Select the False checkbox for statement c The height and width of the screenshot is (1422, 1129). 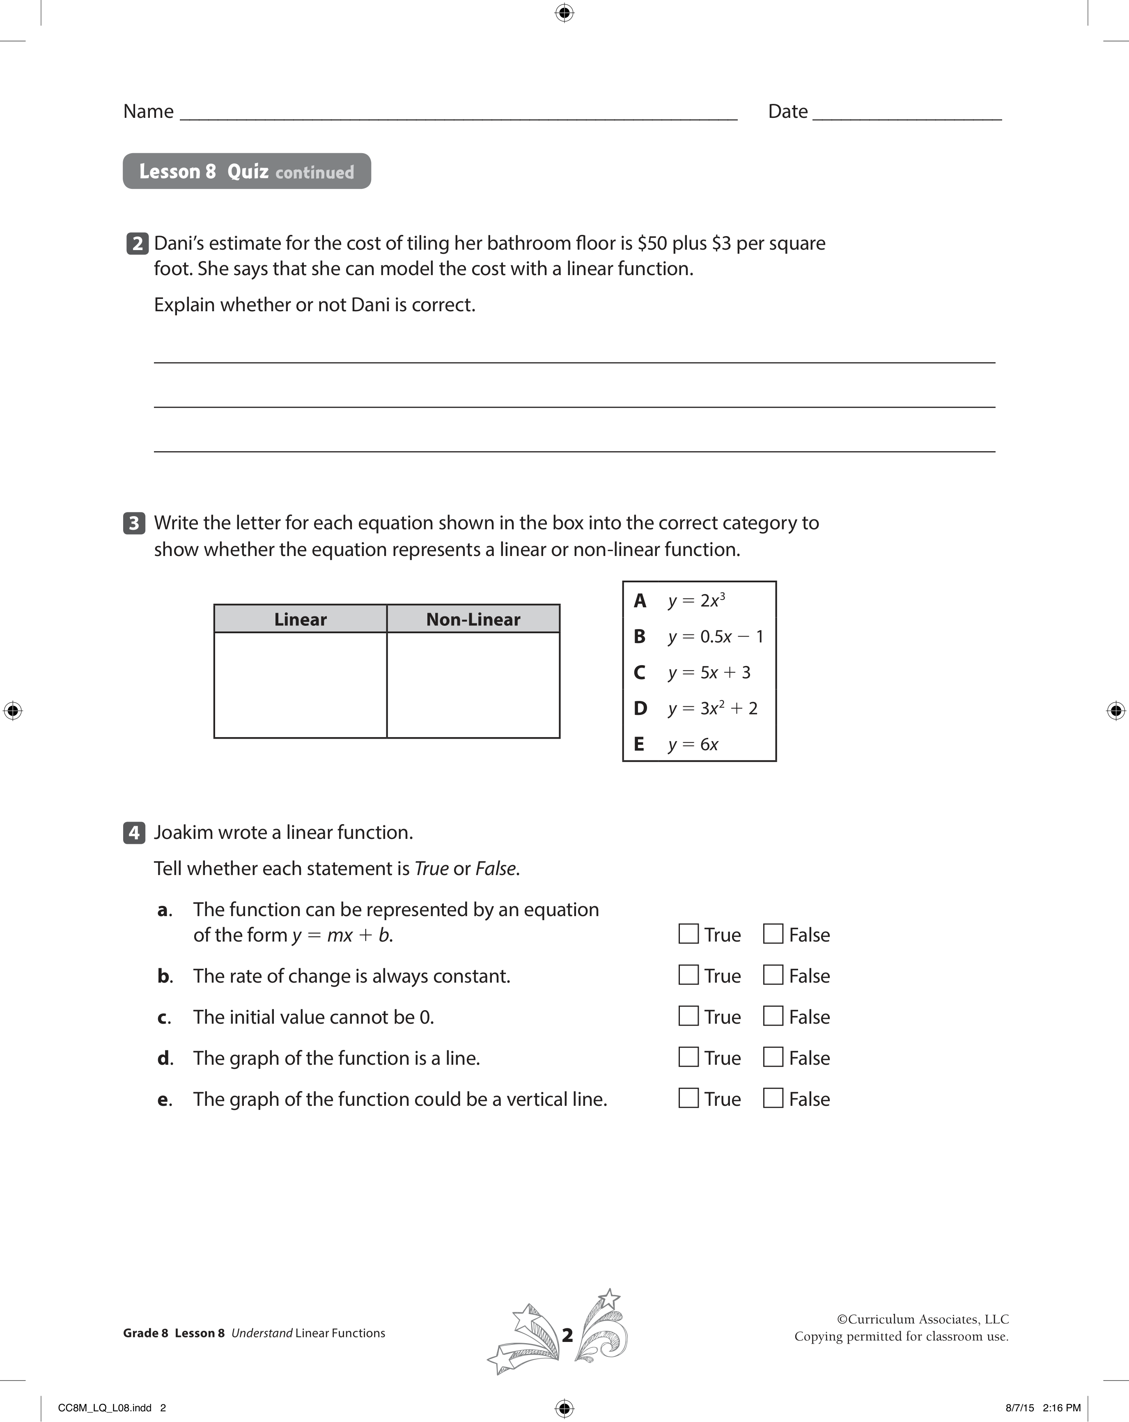point(773,1016)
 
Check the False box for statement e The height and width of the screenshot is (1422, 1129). point(773,1098)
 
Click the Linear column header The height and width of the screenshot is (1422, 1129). point(300,619)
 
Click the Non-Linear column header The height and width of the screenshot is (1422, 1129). point(473,619)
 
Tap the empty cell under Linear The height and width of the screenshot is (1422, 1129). point(300,685)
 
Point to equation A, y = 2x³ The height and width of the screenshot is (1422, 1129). point(696,601)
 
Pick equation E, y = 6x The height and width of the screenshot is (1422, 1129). point(693,744)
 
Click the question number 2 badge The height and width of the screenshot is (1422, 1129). point(137,244)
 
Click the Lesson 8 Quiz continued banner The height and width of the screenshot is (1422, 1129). point(247,172)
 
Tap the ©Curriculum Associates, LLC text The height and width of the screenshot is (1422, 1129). point(922,1319)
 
